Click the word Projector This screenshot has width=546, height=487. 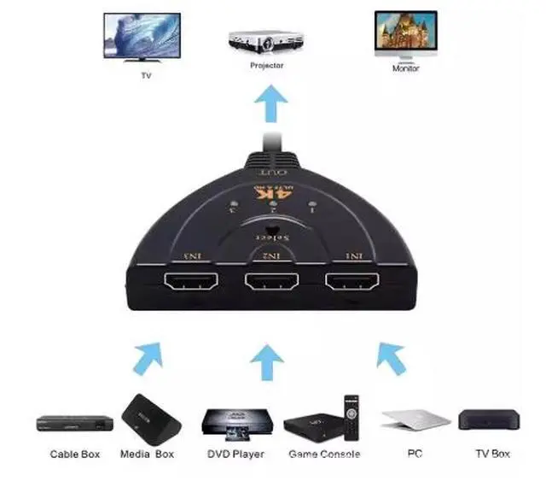266,66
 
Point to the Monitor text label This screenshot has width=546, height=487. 405,68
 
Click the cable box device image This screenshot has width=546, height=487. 75,423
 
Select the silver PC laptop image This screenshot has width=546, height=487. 415,420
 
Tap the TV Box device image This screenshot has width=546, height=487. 489,420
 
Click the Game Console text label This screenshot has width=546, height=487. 324,455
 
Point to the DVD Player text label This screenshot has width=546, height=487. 235,455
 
